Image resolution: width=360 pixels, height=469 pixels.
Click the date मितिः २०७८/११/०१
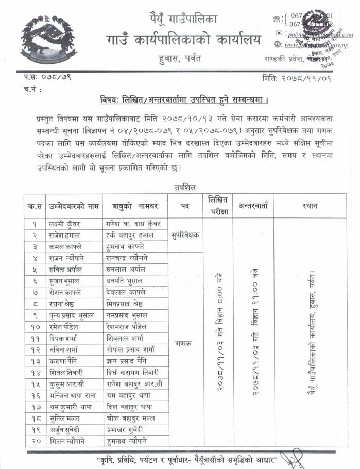tap(297, 79)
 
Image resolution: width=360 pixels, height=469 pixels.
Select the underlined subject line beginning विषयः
tap(184, 99)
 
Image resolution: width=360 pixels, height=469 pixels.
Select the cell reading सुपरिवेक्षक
tap(186, 235)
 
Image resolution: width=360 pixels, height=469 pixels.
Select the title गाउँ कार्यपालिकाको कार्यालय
tap(183, 39)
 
